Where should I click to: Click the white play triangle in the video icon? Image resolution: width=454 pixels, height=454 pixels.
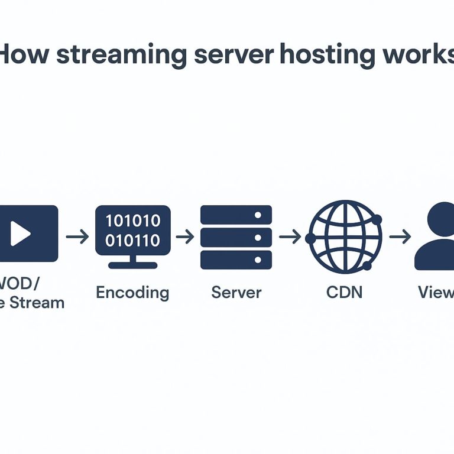[x=20, y=234]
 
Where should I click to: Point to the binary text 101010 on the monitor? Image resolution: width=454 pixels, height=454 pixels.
[x=133, y=221]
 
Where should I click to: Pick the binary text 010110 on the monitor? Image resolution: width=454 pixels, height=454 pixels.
[x=133, y=241]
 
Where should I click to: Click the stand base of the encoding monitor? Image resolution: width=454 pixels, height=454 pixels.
[x=133, y=265]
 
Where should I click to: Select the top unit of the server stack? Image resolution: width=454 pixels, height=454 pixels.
[x=236, y=215]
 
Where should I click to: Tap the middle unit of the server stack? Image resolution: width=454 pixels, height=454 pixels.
[x=236, y=237]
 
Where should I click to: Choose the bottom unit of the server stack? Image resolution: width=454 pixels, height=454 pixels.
[x=236, y=260]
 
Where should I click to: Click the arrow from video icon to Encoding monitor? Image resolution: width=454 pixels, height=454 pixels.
[x=77, y=237]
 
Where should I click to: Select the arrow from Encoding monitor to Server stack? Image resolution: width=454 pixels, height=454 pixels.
[x=185, y=237]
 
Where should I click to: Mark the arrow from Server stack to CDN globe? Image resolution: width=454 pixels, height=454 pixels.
[x=290, y=237]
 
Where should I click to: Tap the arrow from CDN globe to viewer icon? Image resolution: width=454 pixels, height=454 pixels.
[x=400, y=237]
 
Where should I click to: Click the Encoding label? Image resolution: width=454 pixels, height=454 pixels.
[x=132, y=292]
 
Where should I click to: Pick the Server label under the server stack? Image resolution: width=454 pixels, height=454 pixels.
[x=236, y=292]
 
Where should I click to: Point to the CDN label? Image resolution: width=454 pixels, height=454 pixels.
[x=345, y=292]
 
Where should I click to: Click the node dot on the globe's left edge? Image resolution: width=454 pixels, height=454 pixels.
[x=310, y=238]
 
